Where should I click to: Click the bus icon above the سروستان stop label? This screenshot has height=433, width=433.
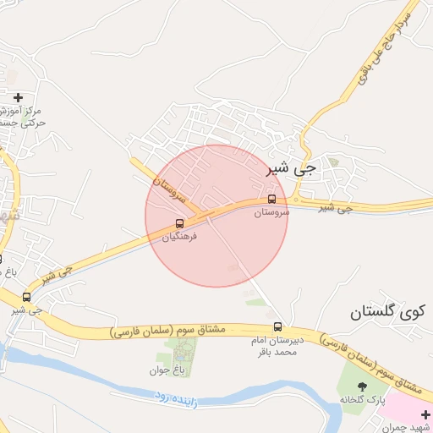(271, 200)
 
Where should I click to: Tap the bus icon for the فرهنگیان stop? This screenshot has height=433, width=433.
(179, 223)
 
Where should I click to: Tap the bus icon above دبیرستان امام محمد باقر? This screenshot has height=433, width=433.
(277, 326)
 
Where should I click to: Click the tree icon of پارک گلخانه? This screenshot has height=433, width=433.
(363, 386)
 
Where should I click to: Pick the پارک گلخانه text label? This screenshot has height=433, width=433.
(363, 398)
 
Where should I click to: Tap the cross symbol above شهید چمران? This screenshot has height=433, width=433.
(425, 414)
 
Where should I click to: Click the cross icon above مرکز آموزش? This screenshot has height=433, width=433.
(18, 97)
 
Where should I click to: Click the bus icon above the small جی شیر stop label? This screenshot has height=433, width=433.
(27, 297)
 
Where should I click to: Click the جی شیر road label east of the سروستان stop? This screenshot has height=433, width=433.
(336, 208)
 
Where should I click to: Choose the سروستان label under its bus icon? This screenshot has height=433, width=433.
(271, 212)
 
